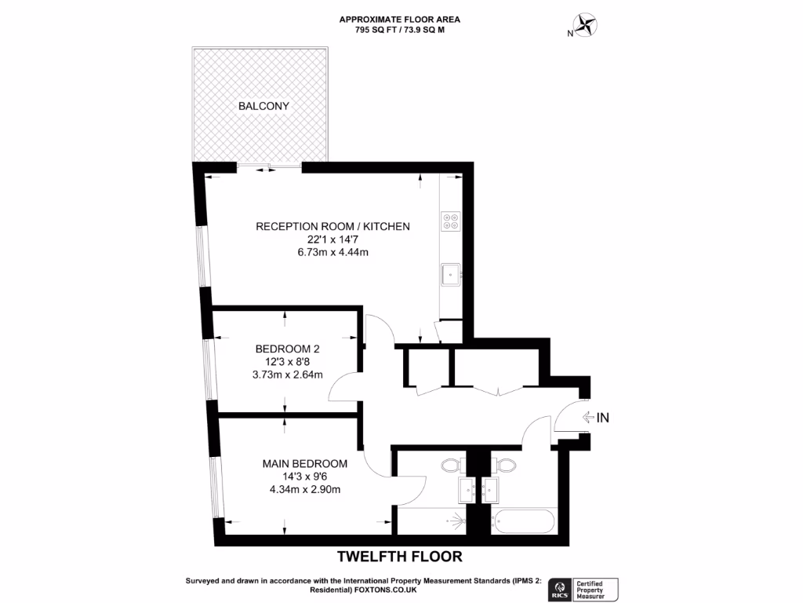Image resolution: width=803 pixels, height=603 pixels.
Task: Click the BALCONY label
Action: coord(264,106)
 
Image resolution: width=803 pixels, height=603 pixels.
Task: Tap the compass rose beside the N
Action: coord(584,25)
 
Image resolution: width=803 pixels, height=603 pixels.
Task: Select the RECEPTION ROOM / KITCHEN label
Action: coord(332,227)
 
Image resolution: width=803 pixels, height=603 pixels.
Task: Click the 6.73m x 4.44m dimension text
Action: coord(332,252)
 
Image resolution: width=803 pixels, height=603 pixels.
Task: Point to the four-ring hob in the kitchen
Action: coord(451,221)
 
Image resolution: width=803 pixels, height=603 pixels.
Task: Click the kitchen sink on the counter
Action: coord(450,273)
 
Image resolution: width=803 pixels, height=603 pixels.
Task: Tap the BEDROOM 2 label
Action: coord(288,349)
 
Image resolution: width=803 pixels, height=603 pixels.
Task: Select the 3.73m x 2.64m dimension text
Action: coord(288,375)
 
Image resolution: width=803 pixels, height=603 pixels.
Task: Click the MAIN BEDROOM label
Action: coord(304,464)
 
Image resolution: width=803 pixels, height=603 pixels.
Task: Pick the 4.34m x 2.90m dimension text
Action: coord(304,490)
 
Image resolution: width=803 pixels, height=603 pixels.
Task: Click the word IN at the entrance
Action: coord(602,418)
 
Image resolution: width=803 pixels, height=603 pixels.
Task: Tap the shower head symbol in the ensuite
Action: coord(453,519)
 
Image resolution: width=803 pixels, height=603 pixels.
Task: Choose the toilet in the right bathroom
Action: coord(504,466)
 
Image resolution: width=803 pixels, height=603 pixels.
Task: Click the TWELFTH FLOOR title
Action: coord(400,557)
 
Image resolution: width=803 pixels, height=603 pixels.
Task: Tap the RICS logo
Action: coord(561,589)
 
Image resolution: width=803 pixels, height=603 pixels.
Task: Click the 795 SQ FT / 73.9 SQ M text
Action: coord(400,30)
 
